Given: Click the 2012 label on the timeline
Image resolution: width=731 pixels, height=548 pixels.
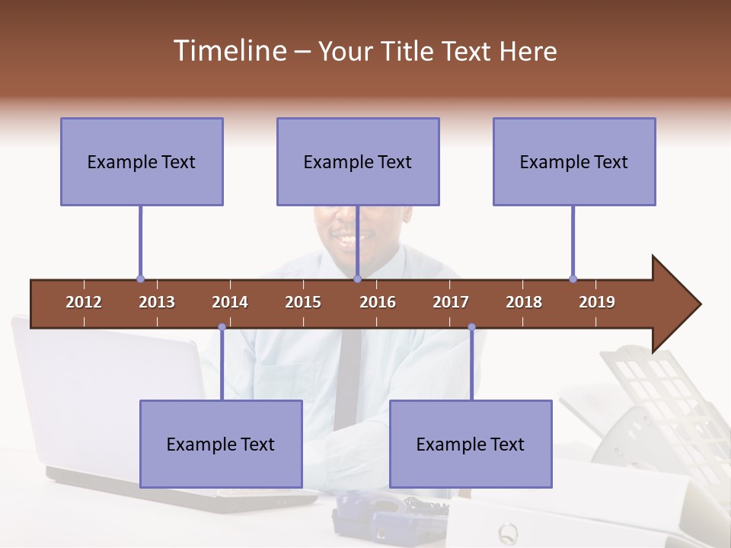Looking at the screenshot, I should pos(84,302).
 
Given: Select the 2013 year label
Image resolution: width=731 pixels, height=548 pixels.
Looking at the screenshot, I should pos(157,302).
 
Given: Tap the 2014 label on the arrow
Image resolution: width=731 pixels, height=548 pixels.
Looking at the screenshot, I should pos(230,302).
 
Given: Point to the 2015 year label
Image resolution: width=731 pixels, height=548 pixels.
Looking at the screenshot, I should pos(303,302).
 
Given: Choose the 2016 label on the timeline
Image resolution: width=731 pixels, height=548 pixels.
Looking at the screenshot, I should pos(378,302).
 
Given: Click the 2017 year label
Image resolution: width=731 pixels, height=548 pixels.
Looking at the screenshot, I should pos(451,302).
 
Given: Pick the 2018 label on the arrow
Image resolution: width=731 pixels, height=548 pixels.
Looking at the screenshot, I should pos(524,302).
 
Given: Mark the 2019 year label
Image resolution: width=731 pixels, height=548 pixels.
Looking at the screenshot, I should pos(597,302).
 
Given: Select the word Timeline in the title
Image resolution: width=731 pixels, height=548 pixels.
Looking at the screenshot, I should pos(228,51).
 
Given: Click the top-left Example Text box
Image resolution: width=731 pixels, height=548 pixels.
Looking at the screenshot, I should pos(142,161).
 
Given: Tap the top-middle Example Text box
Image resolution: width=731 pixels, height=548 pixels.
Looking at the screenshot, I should pos(358,161).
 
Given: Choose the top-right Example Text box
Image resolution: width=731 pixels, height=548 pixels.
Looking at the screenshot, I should pos(574,161).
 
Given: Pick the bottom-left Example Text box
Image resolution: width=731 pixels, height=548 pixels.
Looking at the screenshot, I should pos(221,444).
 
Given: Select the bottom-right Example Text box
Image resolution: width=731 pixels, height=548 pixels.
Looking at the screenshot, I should pos(471,444).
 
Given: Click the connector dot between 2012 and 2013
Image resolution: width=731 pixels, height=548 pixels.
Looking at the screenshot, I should pos(140,279).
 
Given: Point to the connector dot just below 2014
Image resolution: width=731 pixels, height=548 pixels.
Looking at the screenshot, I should pos(222,327).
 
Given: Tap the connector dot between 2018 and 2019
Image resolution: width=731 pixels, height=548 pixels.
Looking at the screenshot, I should pos(573,279).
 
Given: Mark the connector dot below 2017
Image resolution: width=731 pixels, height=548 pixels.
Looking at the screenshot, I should pos(471,327).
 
